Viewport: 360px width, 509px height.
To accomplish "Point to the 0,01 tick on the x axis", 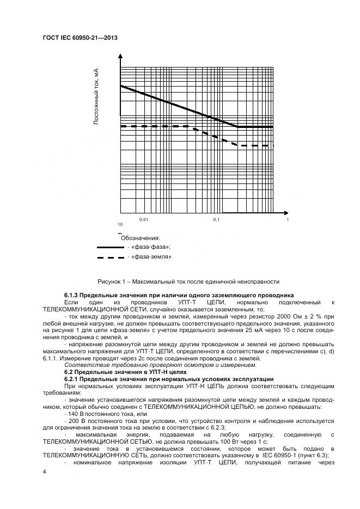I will pyautogui.click(x=144, y=219).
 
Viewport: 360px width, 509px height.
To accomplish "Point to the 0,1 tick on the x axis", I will pyautogui.click(x=216, y=219).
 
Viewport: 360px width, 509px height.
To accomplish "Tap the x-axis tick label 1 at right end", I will pyautogui.click(x=288, y=219).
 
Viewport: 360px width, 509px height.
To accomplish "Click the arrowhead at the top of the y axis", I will pyautogui.click(x=120, y=55).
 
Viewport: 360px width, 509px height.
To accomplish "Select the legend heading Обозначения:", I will pyautogui.click(x=140, y=238).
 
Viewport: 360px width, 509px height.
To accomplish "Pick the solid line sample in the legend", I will pyautogui.click(x=110, y=247).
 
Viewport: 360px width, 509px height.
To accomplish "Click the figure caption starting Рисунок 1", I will pyautogui.click(x=188, y=281).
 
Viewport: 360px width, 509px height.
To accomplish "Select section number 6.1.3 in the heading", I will pyautogui.click(x=73, y=295).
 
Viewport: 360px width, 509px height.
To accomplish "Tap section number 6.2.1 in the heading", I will pyautogui.click(x=73, y=378).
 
